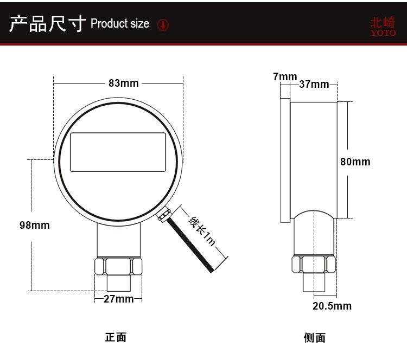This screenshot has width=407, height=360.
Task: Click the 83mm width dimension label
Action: coord(124,83)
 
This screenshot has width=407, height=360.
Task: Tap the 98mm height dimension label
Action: coord(34,224)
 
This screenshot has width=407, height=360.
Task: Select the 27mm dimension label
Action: coord(118,299)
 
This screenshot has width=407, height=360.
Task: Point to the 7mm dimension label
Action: coord(285,76)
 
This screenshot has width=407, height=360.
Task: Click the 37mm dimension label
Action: coord(314,84)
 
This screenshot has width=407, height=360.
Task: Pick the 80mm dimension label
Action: coord(355,162)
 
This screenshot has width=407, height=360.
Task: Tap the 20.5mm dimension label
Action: coord(332,306)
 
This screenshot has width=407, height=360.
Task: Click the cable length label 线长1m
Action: coord(202,231)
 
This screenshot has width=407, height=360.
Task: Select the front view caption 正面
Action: coord(116,337)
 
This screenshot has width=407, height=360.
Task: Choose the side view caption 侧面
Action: coord(314,338)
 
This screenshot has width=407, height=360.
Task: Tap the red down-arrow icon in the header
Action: coord(163,25)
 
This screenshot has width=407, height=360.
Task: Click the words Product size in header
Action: coord(120,24)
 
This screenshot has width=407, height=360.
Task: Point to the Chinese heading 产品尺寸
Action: coord(48,24)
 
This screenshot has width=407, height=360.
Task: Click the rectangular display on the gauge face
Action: coord(118,152)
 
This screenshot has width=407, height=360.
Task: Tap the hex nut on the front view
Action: coord(118,266)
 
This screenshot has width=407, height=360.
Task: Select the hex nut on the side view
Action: coord(313,265)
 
